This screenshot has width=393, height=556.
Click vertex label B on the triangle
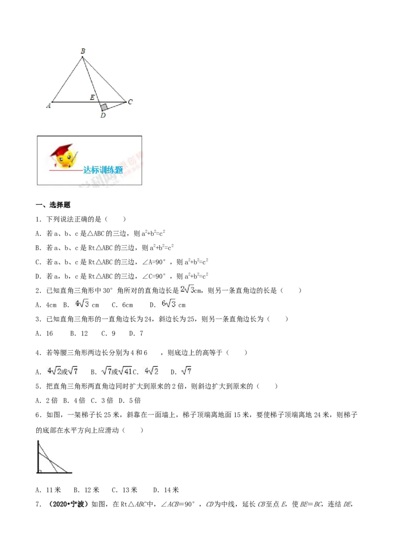coord(83,51)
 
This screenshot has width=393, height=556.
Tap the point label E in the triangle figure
coord(92,97)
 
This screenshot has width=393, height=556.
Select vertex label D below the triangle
coord(103,115)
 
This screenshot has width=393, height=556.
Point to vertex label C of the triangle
coord(130,102)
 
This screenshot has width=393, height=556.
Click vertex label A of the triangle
coord(49,105)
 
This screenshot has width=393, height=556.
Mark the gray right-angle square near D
coord(104,107)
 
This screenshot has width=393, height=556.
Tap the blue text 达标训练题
coord(103,170)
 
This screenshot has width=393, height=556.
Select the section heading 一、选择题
coord(53,205)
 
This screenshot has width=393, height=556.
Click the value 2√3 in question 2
coord(188,290)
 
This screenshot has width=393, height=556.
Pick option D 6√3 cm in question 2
coord(168,304)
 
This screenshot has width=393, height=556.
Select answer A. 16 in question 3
coord(44,334)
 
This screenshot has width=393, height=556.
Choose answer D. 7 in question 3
coord(136,334)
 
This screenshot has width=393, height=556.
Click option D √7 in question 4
coord(181,371)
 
